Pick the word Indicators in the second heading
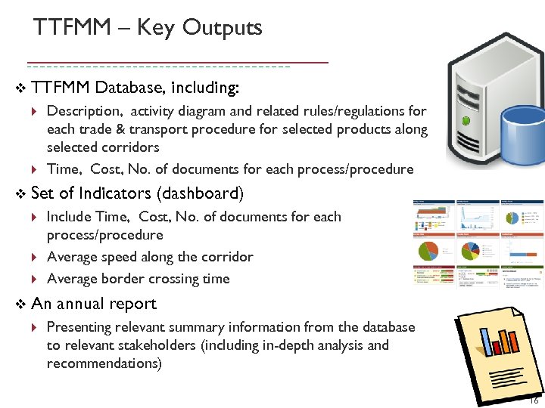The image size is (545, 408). pos(116,194)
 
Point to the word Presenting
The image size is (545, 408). pos(79,327)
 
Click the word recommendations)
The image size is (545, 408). pos(104,363)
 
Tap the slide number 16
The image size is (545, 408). pos(534,401)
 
